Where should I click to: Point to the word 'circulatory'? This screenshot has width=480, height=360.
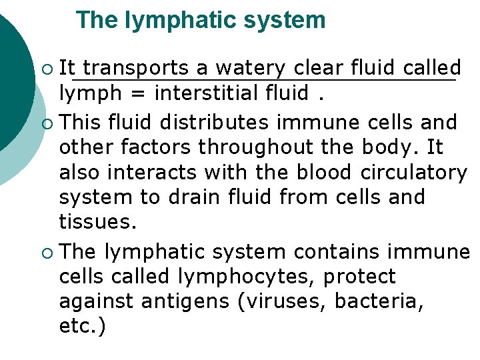click(x=413, y=172)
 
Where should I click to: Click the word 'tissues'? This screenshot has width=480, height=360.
click(x=98, y=222)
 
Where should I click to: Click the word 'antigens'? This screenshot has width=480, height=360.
click(x=183, y=301)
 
